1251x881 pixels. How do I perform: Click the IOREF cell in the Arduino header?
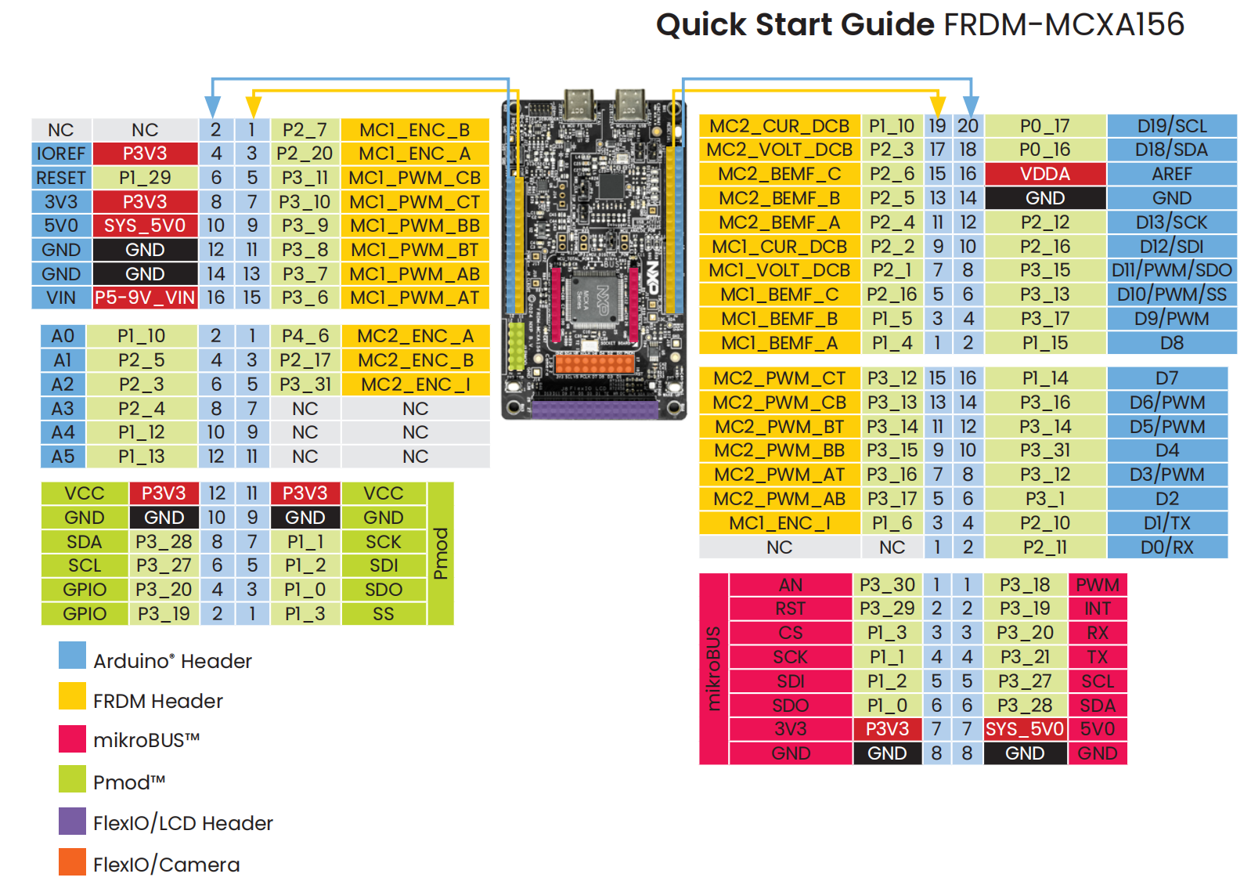pyautogui.click(x=61, y=153)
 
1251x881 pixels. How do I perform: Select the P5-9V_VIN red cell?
pyautogui.click(x=145, y=298)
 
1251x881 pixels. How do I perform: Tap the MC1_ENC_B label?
pyautogui.click(x=415, y=130)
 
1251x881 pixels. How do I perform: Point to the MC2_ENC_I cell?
pyautogui.click(x=415, y=385)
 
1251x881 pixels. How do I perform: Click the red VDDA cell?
pyautogui.click(x=1045, y=174)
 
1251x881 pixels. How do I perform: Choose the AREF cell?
pyautogui.click(x=1171, y=174)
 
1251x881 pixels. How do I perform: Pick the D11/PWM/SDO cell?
pyautogui.click(x=1171, y=270)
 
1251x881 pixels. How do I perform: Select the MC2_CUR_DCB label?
pyautogui.click(x=779, y=126)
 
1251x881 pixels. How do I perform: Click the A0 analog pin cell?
pyautogui.click(x=63, y=336)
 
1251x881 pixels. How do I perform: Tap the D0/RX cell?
pyautogui.click(x=1166, y=547)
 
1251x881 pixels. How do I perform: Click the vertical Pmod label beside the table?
pyautogui.click(x=441, y=554)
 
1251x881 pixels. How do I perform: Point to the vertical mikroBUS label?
pyautogui.click(x=713, y=669)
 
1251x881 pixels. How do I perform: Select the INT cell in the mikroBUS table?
pyautogui.click(x=1097, y=608)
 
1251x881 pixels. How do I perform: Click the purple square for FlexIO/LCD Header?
pyautogui.click(x=72, y=821)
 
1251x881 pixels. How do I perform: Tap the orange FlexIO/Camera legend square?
pyautogui.click(x=72, y=862)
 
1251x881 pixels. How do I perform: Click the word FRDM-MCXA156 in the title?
pyautogui.click(x=1064, y=24)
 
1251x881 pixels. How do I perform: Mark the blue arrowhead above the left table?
pyautogui.click(x=212, y=107)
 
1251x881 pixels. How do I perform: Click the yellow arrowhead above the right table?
pyautogui.click(x=937, y=106)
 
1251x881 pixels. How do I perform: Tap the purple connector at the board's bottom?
pyautogui.click(x=595, y=409)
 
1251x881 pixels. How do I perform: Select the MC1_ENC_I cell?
pyautogui.click(x=779, y=523)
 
